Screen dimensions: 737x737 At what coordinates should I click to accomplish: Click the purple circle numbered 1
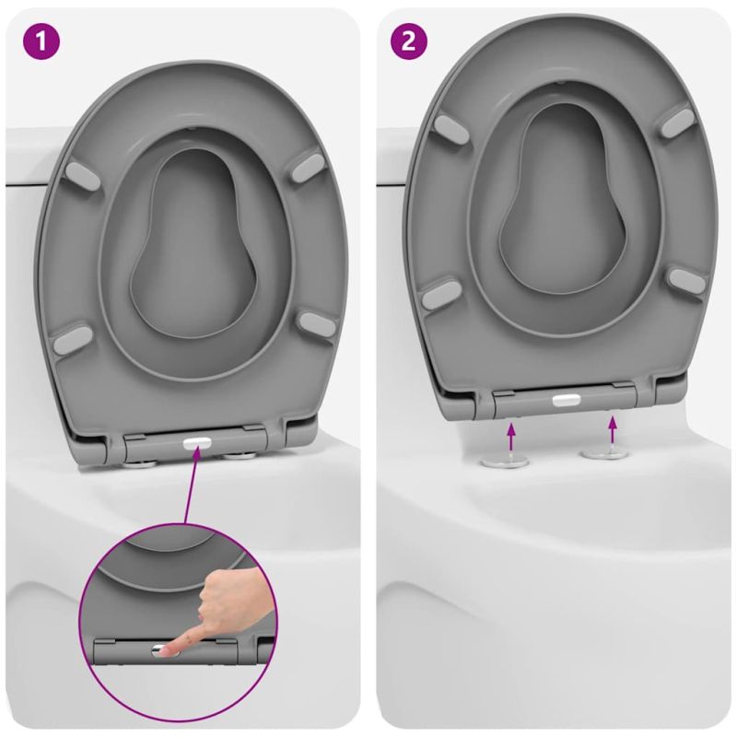coord(41,41)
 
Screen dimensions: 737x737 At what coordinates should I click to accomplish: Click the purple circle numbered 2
coord(409,41)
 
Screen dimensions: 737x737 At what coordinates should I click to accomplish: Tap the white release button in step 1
coord(197,443)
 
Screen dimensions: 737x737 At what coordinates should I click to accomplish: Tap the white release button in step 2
coord(567,400)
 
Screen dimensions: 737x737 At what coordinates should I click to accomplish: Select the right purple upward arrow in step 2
coord(612,428)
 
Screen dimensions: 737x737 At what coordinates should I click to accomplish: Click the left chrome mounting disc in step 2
coord(504,462)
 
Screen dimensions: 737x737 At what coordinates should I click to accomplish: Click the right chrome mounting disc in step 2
coord(604,453)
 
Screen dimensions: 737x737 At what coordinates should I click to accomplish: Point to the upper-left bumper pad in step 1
coord(84,176)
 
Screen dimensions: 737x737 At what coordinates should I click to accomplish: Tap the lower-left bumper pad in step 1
coord(73,339)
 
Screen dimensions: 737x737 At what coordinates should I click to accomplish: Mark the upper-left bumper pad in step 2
coord(451,129)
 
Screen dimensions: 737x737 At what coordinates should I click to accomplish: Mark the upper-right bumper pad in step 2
coord(677,122)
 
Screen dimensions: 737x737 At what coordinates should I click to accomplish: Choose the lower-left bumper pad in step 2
coord(441,295)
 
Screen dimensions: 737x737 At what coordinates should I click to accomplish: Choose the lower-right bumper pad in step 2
coord(686,281)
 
